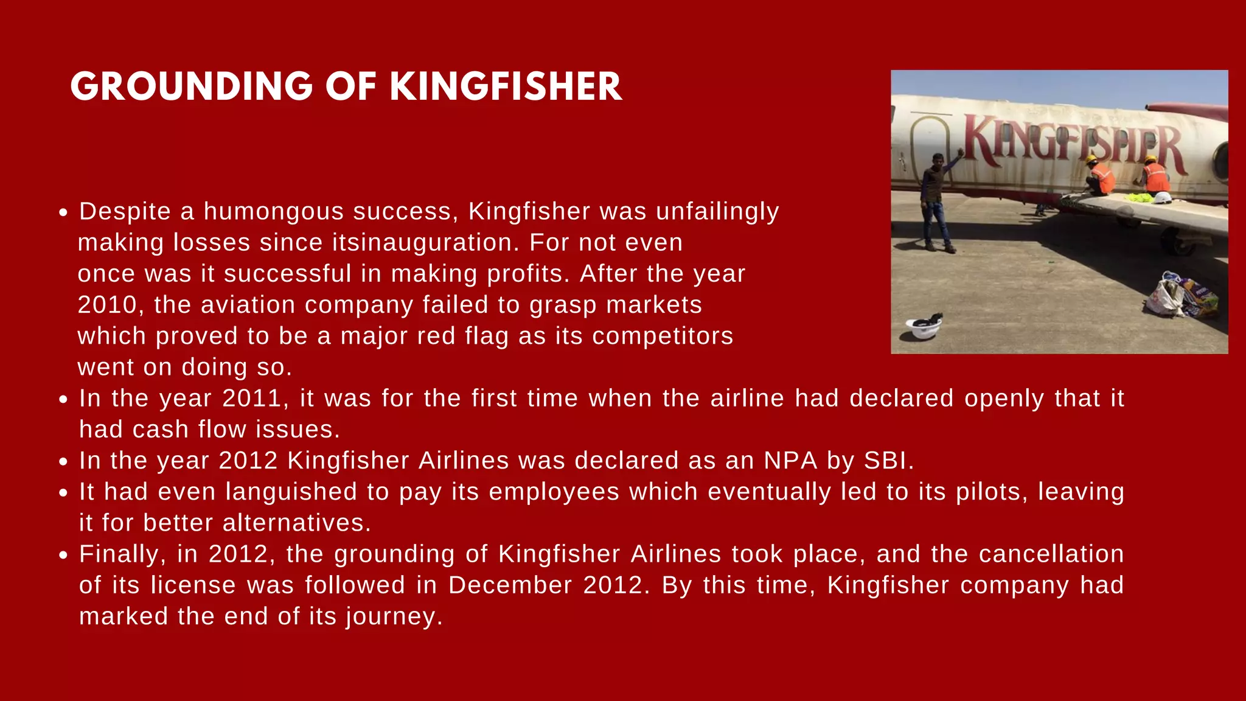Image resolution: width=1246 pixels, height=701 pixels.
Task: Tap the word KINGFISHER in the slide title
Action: (506, 86)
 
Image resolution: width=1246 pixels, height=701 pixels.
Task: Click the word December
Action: (510, 585)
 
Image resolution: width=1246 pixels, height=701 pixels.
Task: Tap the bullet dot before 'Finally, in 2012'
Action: (63, 556)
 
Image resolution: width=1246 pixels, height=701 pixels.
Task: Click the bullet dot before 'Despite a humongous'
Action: (63, 213)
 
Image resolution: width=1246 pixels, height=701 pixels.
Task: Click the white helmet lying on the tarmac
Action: (924, 327)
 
